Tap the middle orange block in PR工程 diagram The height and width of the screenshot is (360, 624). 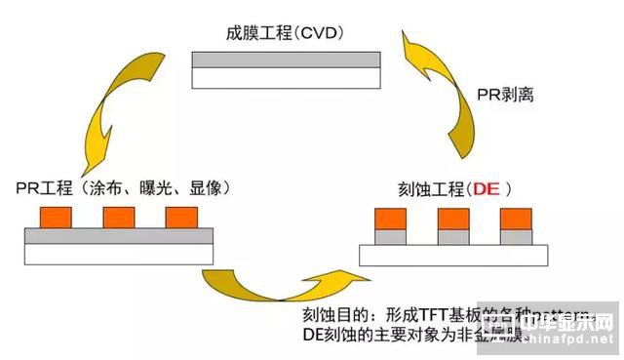118,217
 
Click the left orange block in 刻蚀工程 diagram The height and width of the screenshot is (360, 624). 392,220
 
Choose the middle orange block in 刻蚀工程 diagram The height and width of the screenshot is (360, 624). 453,220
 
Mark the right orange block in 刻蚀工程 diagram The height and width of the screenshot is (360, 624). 516,220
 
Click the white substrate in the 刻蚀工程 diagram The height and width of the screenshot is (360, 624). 454,255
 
